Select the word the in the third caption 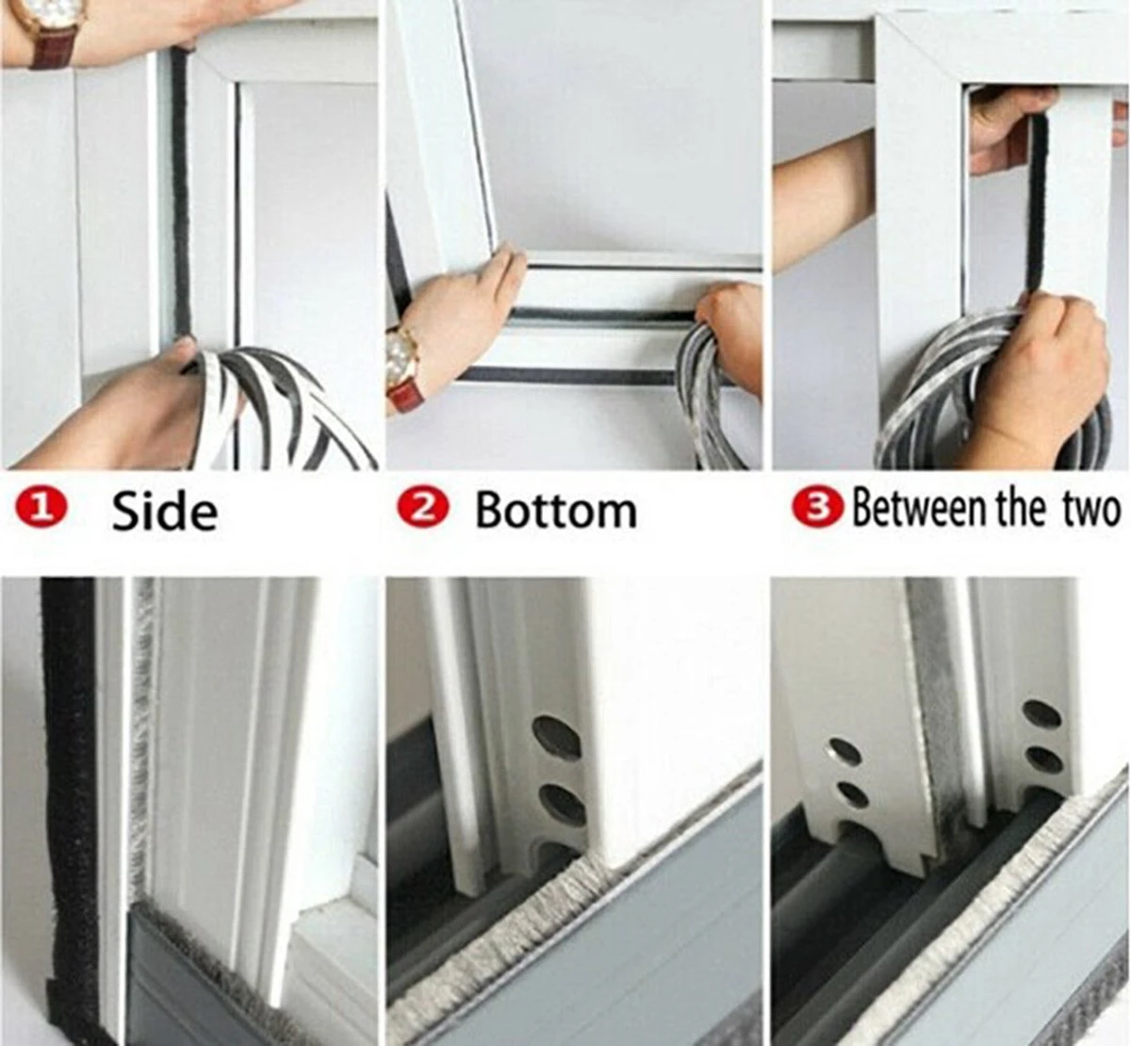[1020, 509]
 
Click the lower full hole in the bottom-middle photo [562, 805]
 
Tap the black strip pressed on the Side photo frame [182, 193]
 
